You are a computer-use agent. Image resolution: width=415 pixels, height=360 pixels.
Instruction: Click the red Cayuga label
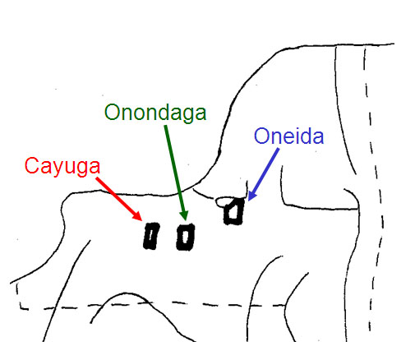62,167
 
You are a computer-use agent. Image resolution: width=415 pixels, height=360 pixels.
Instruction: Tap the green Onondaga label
155,113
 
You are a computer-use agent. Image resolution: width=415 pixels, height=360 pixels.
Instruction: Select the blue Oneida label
289,136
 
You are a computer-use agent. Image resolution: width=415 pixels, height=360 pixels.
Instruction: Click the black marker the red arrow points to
151,236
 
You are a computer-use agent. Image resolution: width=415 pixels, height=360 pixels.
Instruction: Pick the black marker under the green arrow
186,237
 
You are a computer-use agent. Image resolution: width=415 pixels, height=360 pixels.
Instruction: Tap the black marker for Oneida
233,211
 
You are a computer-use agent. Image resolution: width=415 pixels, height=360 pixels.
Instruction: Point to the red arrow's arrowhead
138,216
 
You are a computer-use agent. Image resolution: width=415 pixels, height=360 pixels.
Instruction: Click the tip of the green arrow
186,220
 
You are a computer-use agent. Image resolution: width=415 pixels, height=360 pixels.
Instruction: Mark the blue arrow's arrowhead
252,196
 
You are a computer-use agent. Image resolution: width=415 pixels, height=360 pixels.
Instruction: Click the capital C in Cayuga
31,165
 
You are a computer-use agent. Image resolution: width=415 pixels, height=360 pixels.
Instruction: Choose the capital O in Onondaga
113,112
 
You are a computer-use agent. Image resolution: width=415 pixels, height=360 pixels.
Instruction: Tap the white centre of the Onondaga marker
186,237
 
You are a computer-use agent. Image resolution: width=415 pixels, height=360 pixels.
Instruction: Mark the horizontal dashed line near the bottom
151,305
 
